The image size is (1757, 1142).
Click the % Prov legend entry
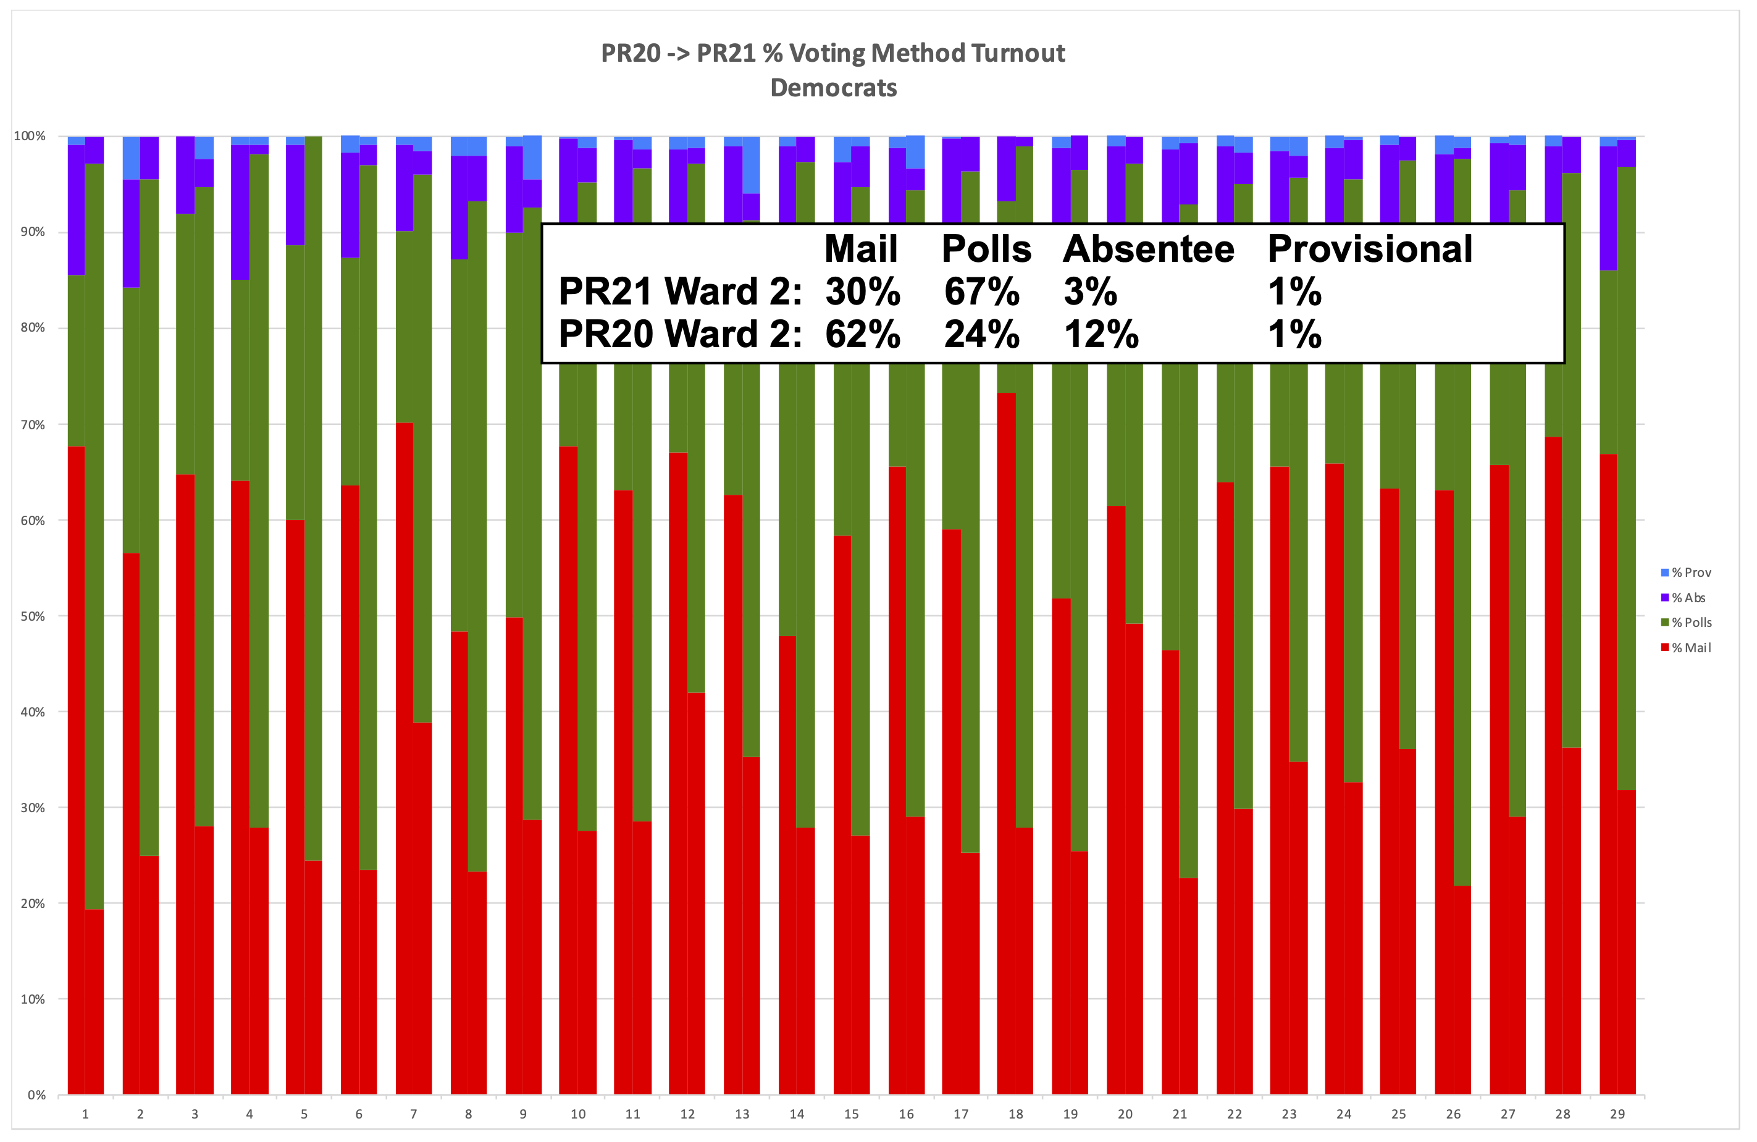1690,573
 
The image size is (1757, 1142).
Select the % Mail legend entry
1690,648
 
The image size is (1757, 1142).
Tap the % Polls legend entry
1690,623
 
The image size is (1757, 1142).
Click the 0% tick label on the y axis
36,1096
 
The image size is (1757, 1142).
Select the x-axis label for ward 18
1015,1115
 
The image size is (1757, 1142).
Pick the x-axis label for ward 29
1617,1115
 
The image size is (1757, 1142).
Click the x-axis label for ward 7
413,1115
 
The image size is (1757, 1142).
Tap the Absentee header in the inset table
1148,249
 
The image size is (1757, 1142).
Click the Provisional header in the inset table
1369,249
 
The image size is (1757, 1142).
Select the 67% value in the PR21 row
981,292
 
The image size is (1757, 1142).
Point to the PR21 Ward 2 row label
680,292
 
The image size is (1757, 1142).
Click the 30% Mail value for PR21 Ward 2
862,292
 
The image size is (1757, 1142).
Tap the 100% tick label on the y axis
30,136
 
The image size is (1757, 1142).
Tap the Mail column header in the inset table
861,249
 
